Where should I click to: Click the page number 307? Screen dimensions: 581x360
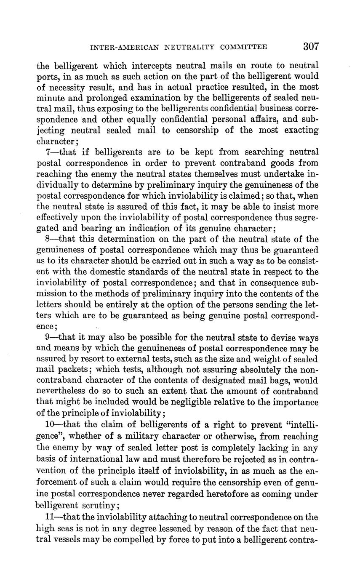click(x=311, y=47)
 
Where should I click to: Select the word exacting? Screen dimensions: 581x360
click(x=300, y=131)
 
